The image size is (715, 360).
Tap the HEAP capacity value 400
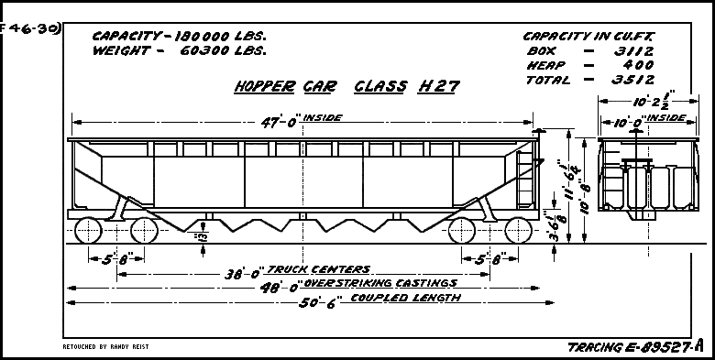click(x=635, y=66)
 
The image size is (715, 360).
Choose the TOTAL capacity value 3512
click(x=632, y=80)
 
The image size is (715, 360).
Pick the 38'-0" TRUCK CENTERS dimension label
click(x=298, y=271)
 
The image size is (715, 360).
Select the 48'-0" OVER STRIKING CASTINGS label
click(x=346, y=285)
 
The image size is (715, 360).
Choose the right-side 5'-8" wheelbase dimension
click(x=490, y=257)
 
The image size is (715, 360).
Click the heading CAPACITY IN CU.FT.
click(x=588, y=37)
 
